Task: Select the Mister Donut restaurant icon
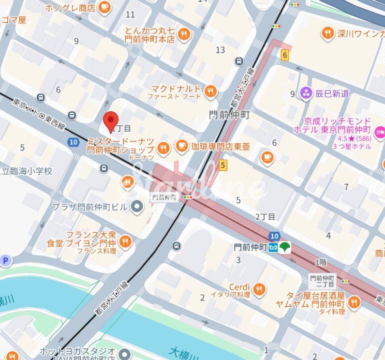coord(164,148)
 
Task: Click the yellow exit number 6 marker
coord(285,55)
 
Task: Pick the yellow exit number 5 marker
coord(222,165)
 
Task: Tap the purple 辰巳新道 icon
coord(306,93)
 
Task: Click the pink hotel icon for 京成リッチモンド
coord(380,131)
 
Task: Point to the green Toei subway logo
coord(284,247)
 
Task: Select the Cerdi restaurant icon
coord(259,289)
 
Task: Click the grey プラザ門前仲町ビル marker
coord(137,207)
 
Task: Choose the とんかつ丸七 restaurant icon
coord(183,34)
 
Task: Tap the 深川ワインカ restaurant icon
coord(328,33)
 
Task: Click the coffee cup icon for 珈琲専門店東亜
coord(182,145)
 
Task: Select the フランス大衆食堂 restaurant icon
coord(125,241)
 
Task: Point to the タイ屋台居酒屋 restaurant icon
coord(354,303)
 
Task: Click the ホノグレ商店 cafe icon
coord(104,7)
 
